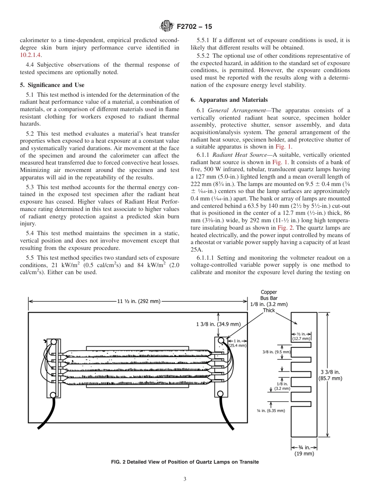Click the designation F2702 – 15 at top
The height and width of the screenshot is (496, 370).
194,27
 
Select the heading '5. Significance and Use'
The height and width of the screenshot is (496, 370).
52,85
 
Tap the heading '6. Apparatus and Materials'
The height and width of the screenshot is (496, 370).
229,100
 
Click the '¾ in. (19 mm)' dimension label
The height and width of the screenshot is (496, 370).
304,450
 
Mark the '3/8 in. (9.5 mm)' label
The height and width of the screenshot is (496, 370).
277,352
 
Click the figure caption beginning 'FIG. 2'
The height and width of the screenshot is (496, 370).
185,462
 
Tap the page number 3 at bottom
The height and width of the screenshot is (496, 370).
185,479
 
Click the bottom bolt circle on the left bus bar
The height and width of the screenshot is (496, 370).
55,391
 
